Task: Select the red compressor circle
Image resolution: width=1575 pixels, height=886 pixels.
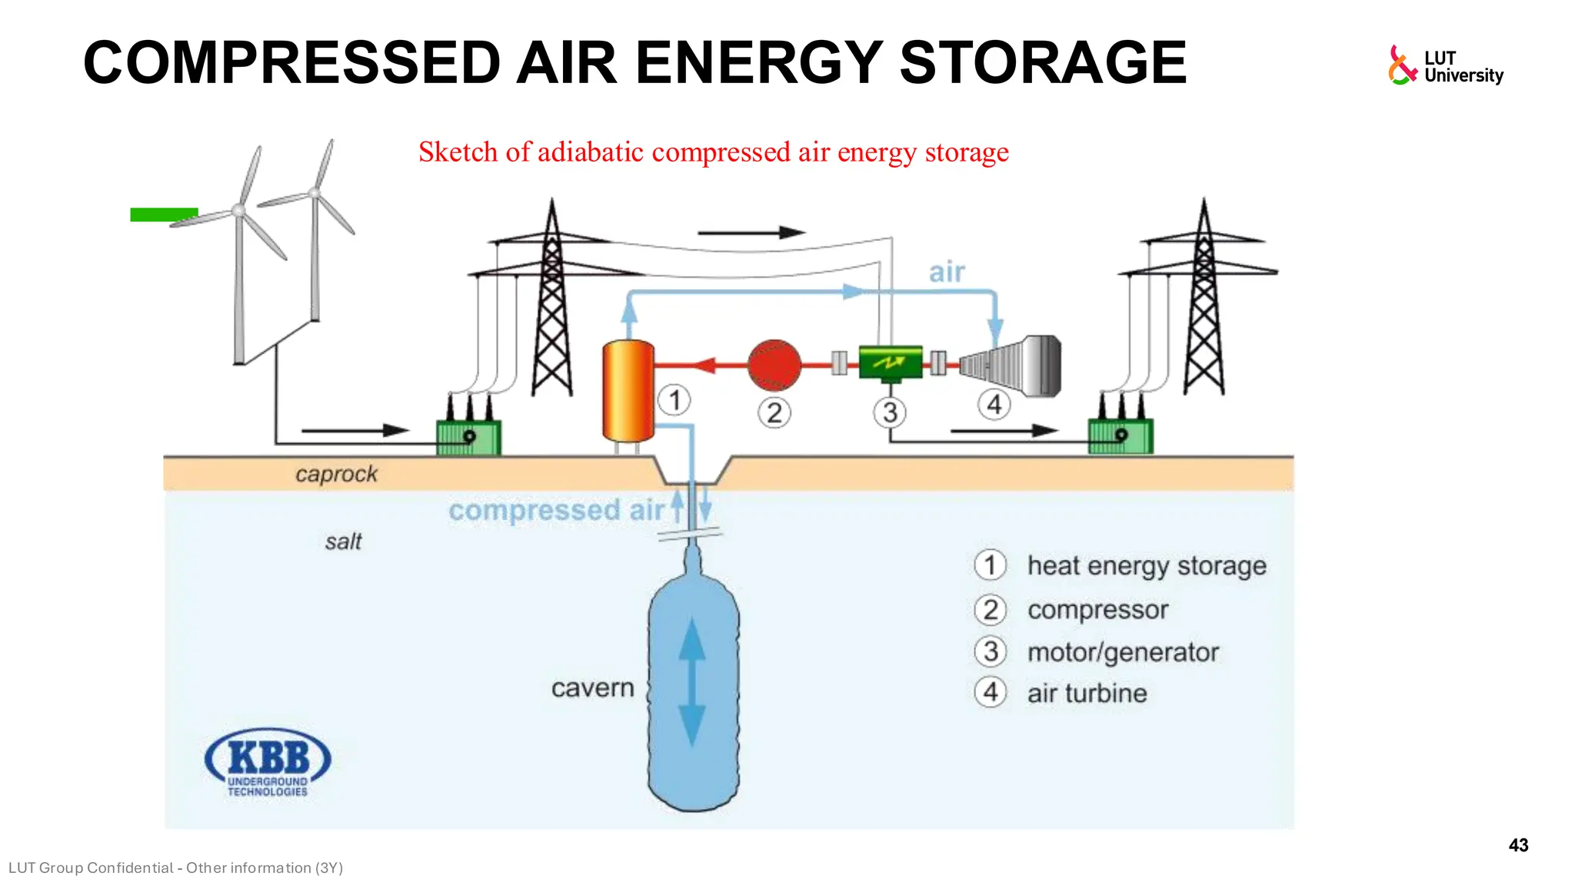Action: click(774, 365)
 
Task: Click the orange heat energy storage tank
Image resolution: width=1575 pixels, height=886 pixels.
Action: click(628, 391)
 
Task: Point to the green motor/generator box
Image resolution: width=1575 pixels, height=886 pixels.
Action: click(890, 362)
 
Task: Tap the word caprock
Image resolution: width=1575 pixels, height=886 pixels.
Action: click(336, 474)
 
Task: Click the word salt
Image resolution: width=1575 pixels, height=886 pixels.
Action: click(343, 541)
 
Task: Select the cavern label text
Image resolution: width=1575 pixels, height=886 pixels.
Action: click(592, 688)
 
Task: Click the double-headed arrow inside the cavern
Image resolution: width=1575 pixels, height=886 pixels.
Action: click(692, 681)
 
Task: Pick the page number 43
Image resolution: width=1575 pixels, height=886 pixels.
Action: click(1518, 845)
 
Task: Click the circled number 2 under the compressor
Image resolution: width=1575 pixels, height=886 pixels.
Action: click(774, 413)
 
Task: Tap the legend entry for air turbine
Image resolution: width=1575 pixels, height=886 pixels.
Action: click(1087, 693)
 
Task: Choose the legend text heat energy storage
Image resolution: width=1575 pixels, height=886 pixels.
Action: click(1146, 566)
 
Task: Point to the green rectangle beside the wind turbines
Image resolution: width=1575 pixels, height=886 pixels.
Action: click(164, 215)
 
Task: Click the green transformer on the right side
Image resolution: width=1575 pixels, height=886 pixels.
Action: click(1120, 436)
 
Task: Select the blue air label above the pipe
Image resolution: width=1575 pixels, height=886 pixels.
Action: click(947, 272)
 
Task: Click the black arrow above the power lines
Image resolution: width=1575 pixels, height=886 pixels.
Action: click(751, 232)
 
